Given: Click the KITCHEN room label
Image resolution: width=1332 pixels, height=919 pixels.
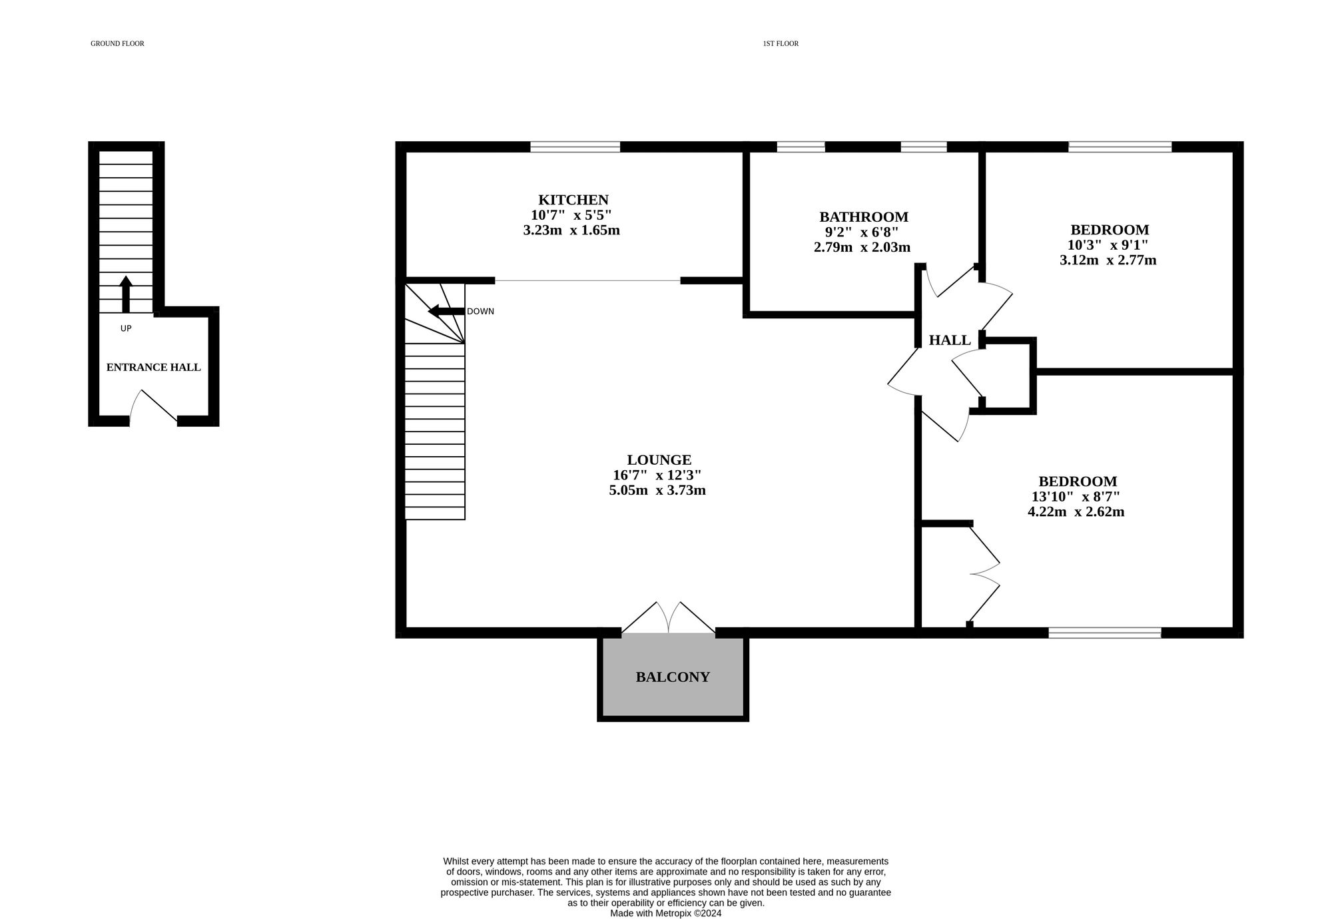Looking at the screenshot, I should point(573,200).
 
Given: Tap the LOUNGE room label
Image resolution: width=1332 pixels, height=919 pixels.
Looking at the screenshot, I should point(659,459).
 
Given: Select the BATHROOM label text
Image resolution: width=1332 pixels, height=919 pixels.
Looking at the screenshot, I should point(863,216).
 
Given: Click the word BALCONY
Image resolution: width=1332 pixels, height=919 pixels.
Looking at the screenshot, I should point(673,677).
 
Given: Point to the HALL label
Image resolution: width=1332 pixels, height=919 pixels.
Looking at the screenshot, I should point(950,340).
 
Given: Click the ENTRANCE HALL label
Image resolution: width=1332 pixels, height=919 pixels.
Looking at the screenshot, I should point(153,368).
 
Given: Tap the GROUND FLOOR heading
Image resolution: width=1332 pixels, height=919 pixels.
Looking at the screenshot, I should point(117,44).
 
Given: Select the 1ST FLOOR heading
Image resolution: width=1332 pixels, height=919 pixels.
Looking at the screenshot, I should point(781,44).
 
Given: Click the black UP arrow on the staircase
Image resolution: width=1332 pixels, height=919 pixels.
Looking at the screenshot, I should point(125,294).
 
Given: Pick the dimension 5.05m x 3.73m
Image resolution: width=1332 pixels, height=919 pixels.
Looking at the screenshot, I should point(657,491).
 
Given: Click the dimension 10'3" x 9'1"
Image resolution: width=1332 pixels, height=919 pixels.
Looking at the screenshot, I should point(1107,245).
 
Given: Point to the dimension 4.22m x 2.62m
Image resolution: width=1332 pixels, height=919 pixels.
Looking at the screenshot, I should point(1076,512).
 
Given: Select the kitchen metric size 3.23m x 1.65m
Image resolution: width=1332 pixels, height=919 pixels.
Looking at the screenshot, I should point(571,230).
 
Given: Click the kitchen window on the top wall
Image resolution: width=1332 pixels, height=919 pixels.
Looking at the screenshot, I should point(575,147).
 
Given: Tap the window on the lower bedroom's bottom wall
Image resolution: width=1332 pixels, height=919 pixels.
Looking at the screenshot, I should point(1104,633).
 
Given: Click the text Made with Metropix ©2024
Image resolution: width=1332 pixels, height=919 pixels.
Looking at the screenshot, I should point(665,913).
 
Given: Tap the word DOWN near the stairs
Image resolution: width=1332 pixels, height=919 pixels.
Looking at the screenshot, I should point(480,312).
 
